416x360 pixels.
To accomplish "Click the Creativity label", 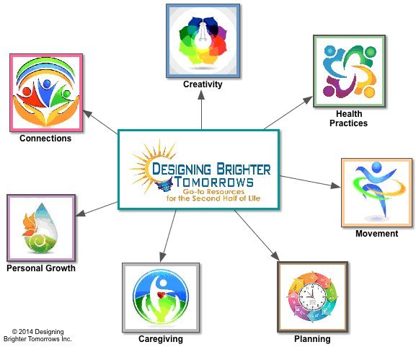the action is tap(203, 84).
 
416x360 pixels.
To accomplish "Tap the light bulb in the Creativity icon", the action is tap(203, 36).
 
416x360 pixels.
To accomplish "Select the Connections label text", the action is tap(45, 139).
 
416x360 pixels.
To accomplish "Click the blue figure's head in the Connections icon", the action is tap(47, 84).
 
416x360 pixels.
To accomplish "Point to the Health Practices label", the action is tap(349, 118).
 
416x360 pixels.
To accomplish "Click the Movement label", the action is tap(377, 234).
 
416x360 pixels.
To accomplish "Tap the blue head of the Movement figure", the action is tap(376, 167).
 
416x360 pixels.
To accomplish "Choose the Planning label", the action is tap(312, 339).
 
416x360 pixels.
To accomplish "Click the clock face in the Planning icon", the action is tap(312, 297).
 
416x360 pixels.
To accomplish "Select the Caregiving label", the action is tap(161, 339).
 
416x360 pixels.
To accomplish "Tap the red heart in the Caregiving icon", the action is tap(161, 294).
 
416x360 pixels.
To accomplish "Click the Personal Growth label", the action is tap(41, 268).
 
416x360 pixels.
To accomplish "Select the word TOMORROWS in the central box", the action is tap(214, 182).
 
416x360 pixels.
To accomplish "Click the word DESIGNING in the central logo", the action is tap(182, 169).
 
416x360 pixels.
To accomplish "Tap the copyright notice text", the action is tap(37, 335).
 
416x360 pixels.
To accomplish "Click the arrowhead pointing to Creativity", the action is tap(201, 95).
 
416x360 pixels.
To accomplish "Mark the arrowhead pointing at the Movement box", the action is tap(336, 185).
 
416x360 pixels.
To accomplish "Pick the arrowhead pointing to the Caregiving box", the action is tap(163, 257).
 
